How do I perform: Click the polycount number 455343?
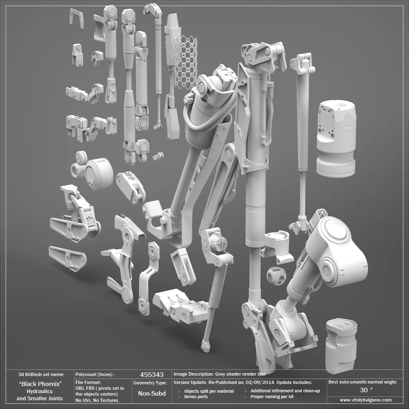click(151, 374)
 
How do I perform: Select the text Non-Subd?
click(151, 393)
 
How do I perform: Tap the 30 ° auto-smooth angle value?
click(366, 390)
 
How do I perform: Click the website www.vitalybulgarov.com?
click(366, 400)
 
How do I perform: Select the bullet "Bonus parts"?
click(196, 396)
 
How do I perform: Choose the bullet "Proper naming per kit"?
click(272, 396)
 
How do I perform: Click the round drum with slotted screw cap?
click(98, 173)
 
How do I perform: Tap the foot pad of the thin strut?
click(205, 346)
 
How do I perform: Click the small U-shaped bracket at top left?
click(76, 18)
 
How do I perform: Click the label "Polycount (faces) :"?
click(95, 375)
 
